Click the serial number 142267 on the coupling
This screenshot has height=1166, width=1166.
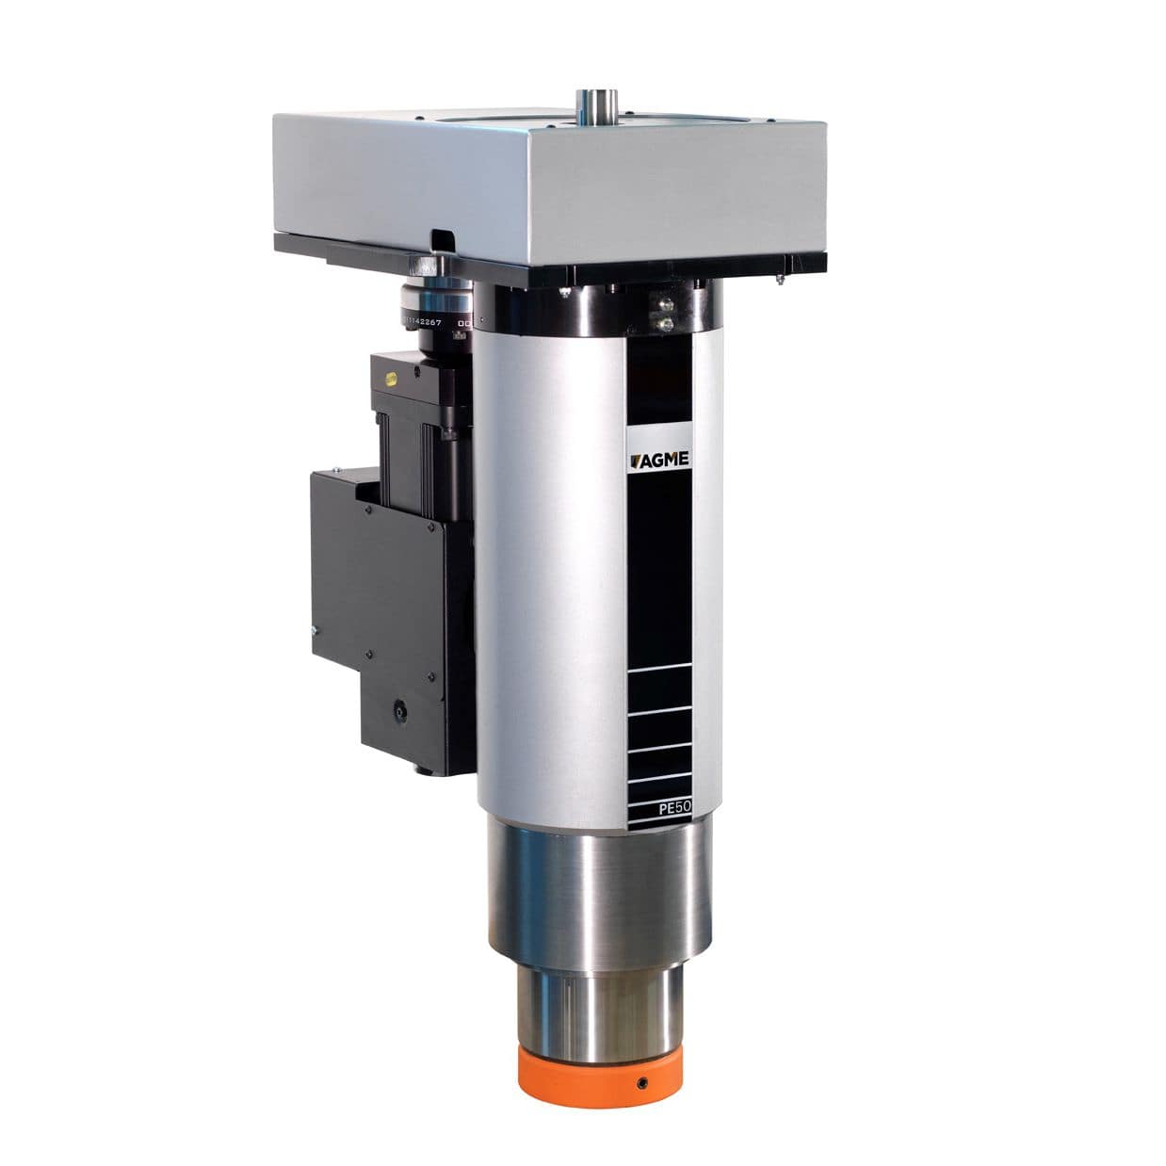pos(429,322)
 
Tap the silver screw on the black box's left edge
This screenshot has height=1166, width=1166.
pos(313,632)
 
